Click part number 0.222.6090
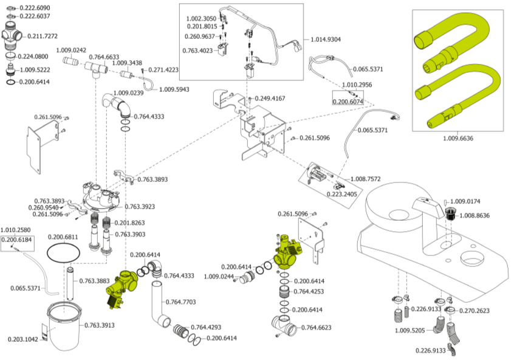point(35,7)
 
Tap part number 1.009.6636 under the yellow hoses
point(458,138)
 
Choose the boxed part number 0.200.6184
point(17,240)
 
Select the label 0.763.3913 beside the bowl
point(100,325)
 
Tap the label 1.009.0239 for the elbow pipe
point(129,93)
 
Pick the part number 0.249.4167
point(270,99)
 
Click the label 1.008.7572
point(366,179)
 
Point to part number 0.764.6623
point(317,328)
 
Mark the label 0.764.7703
point(180,302)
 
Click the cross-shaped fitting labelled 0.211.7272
point(12,35)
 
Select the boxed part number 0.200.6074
point(348,102)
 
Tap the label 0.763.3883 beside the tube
point(94,281)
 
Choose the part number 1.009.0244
point(219,277)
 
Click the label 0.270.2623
point(475,311)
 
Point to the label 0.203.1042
point(23,339)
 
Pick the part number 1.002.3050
point(201,19)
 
